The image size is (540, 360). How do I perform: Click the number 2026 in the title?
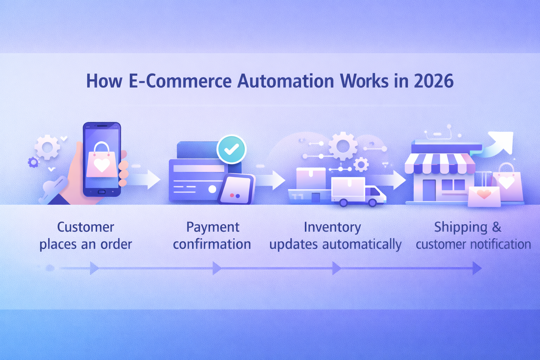(433, 81)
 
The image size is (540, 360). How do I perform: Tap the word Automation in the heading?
(286, 81)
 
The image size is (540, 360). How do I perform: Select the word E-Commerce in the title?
(180, 81)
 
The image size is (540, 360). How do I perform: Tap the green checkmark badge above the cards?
(231, 149)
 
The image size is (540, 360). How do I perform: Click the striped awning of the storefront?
(439, 163)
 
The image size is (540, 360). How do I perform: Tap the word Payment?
(213, 227)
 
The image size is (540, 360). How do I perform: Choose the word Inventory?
(332, 227)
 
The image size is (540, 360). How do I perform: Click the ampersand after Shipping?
(496, 227)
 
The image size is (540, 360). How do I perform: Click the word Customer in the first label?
(86, 227)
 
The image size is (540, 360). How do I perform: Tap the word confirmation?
(212, 244)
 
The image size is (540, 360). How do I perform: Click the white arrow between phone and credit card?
(146, 179)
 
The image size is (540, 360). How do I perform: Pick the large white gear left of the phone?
(47, 147)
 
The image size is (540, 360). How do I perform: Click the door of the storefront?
(429, 190)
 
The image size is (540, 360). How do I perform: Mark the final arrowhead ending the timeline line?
(477, 268)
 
